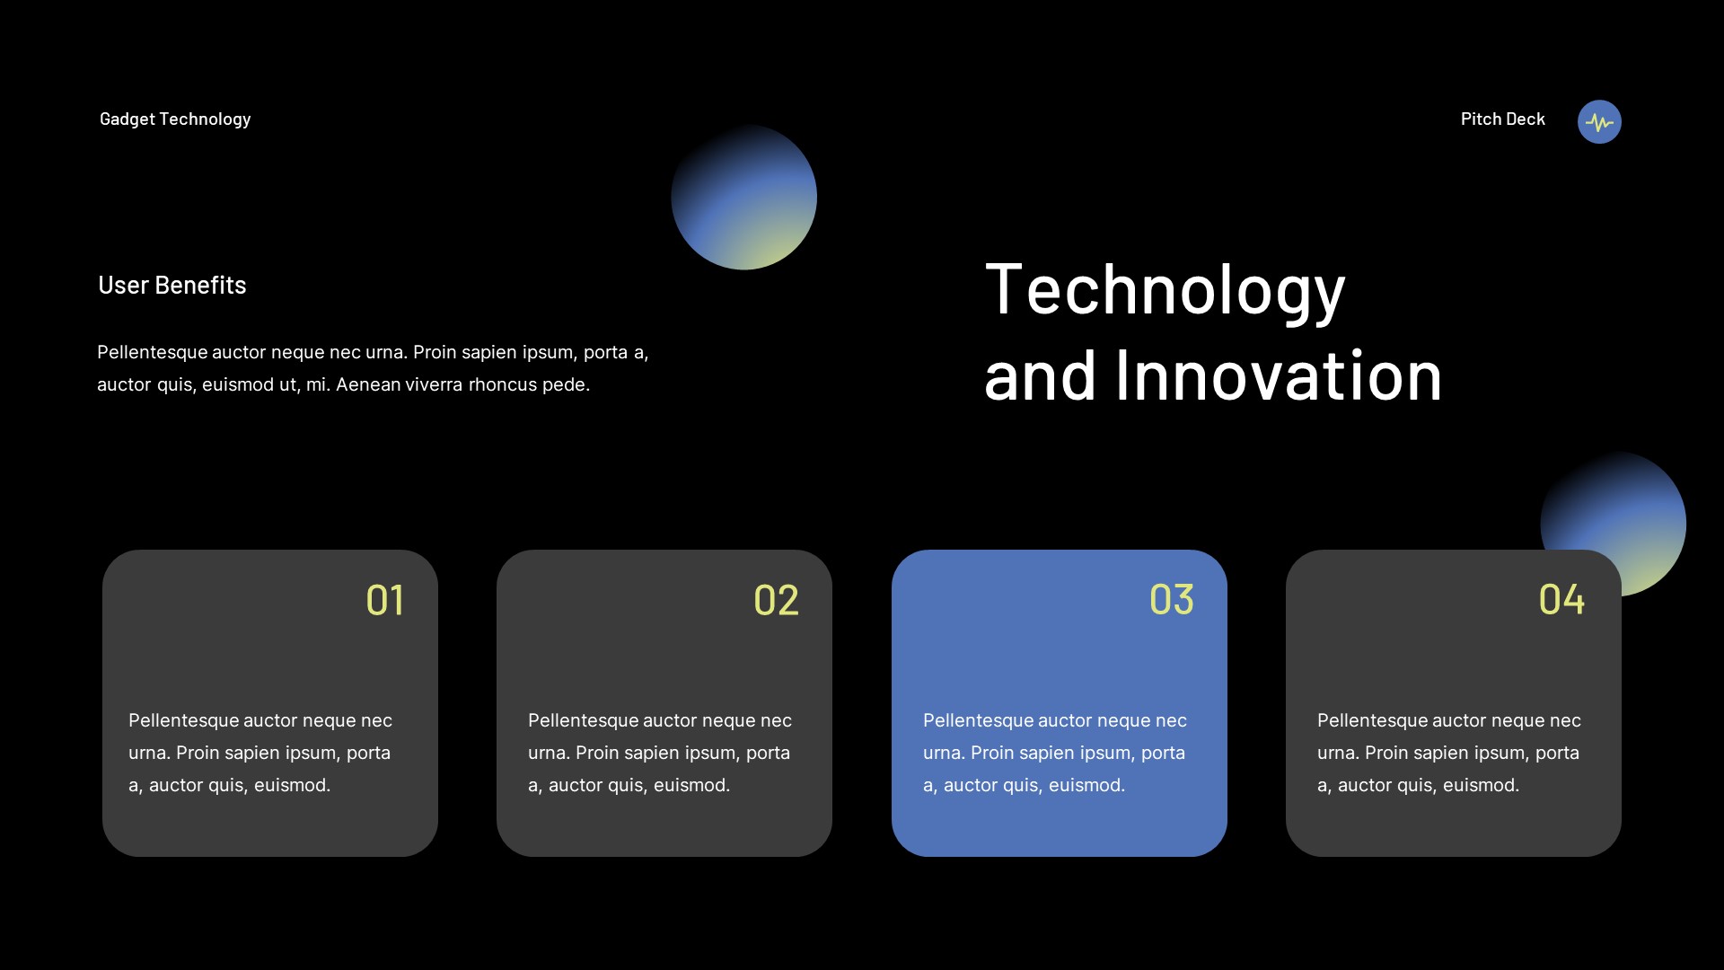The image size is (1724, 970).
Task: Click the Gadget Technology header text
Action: point(175,119)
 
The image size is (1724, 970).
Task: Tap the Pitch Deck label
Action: point(1502,119)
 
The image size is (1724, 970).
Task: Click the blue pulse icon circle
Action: point(1599,121)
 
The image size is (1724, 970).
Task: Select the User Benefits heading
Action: point(172,285)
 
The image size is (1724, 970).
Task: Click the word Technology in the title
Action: point(1165,289)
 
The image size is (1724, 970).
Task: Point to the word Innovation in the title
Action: point(1278,375)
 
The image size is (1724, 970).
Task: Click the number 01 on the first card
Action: point(385,600)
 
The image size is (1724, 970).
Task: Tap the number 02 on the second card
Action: point(776,600)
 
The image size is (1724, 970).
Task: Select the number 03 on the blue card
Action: point(1172,599)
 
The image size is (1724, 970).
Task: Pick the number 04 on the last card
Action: point(1561,599)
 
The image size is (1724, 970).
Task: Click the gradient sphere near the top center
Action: point(743,197)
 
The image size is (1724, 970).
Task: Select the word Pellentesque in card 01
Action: point(183,720)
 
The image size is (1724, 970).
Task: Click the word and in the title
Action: point(1040,375)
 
